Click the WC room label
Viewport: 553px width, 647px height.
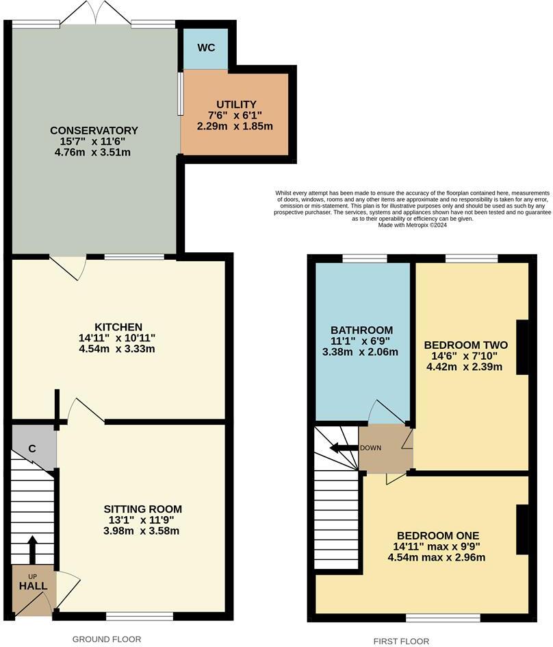pyautogui.click(x=207, y=48)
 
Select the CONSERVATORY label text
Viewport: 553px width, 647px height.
pyautogui.click(x=94, y=130)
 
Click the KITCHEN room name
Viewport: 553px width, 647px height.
pyautogui.click(x=118, y=327)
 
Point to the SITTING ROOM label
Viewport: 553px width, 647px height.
pyautogui.click(x=143, y=509)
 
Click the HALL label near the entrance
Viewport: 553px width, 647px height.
pyautogui.click(x=33, y=586)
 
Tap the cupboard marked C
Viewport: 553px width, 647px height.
pyautogui.click(x=32, y=449)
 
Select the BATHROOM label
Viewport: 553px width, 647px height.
pyautogui.click(x=362, y=330)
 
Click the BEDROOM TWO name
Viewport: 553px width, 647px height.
pyautogui.click(x=465, y=345)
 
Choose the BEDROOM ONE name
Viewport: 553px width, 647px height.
pyautogui.click(x=437, y=535)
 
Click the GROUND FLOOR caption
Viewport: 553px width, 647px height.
pyautogui.click(x=107, y=639)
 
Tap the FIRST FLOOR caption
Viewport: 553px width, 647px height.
pyautogui.click(x=401, y=642)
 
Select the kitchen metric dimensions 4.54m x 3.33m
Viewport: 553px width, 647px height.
pyautogui.click(x=118, y=350)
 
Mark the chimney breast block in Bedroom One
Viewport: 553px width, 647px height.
pyautogui.click(x=522, y=528)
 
